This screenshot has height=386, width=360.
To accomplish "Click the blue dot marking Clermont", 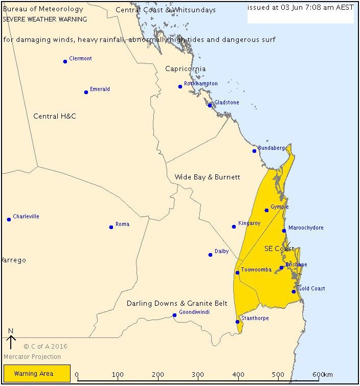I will tap(65, 61).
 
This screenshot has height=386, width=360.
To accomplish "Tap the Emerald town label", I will tap(100, 89).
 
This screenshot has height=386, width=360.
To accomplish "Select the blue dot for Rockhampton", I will tap(180, 86).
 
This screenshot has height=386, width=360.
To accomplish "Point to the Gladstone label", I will tap(227, 103).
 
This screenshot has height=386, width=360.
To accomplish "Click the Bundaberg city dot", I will tap(254, 151).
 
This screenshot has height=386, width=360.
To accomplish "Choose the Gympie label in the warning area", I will tap(279, 207).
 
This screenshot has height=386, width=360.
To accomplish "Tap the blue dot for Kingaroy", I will tap(234, 226).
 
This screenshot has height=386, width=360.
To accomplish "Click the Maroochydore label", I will tap(306, 228).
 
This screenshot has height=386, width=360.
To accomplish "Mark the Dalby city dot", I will tap(210, 255).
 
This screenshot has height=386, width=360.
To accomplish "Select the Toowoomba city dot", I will tap(237, 273).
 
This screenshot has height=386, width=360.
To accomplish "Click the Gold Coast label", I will tap(311, 289).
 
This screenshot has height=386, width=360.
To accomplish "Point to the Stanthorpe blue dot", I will tap(237, 322).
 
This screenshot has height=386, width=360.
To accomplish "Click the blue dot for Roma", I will tap(111, 227).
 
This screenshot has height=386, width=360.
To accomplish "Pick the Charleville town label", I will tap(26, 217).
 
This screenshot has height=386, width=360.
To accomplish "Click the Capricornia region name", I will tap(185, 69).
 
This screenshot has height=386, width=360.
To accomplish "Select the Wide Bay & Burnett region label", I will tap(207, 177).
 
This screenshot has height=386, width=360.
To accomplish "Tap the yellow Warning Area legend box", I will tap(37, 374).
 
